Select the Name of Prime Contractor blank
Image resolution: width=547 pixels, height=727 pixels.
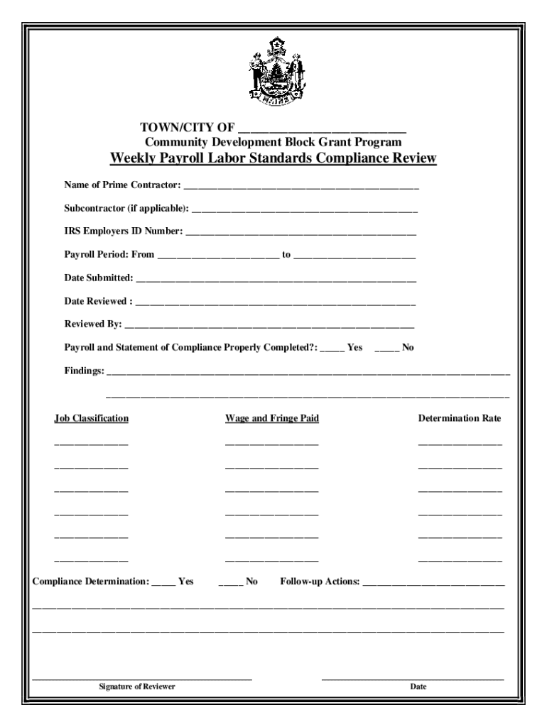[301, 187]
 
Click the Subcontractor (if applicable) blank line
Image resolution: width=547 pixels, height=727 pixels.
[305, 210]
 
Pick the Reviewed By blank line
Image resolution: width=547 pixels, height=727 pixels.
[269, 326]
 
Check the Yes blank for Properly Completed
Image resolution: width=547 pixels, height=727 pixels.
[332, 349]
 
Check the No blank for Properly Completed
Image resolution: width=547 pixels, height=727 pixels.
[387, 349]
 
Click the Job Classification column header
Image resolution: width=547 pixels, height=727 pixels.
[92, 418]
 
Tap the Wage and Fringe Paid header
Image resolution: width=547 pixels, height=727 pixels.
[272, 418]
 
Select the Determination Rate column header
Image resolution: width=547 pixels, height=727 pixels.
[460, 418]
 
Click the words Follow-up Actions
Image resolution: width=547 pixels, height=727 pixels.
[320, 581]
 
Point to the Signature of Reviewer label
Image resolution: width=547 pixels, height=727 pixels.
[137, 687]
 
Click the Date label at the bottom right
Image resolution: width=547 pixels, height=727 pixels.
[418, 687]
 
